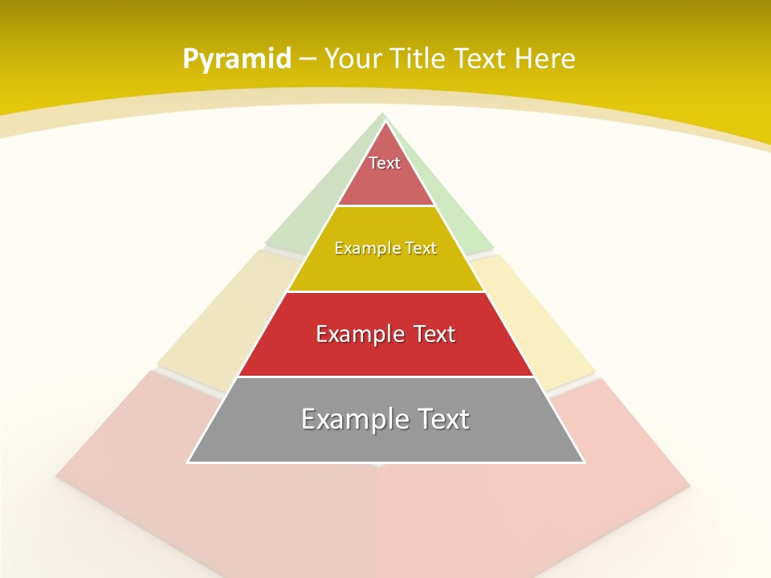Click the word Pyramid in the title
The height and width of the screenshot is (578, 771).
[237, 59]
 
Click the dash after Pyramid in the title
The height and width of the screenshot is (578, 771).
[308, 59]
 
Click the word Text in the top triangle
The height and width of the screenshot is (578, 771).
[385, 163]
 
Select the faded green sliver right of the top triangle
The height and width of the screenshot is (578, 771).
[458, 217]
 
